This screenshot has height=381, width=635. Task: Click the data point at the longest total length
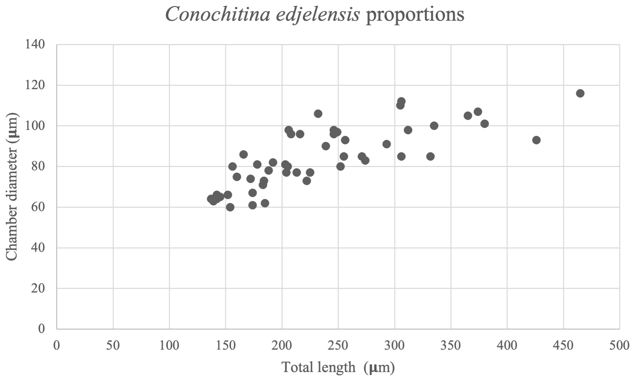point(580,93)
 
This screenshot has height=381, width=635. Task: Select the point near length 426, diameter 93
point(536,140)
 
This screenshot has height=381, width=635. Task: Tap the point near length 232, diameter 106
point(318,114)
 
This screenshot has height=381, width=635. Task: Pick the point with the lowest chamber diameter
point(230,207)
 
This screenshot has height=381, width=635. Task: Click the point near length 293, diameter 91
point(387,144)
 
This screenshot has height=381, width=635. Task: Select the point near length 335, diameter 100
point(434,126)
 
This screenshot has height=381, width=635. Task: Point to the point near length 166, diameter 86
point(244,155)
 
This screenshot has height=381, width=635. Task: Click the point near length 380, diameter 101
point(485,124)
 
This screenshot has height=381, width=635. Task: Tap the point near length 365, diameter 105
point(468,116)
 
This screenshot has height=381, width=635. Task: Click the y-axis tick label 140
point(35,44)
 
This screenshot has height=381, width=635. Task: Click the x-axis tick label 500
point(619,345)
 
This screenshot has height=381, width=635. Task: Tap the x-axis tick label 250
point(338,345)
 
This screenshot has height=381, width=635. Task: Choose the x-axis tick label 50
point(113,345)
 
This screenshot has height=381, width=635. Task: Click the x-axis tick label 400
point(507,345)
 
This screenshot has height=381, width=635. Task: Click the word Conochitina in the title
point(218,15)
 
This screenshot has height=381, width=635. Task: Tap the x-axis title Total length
point(319,367)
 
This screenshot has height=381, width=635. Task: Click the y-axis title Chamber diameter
point(12,187)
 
